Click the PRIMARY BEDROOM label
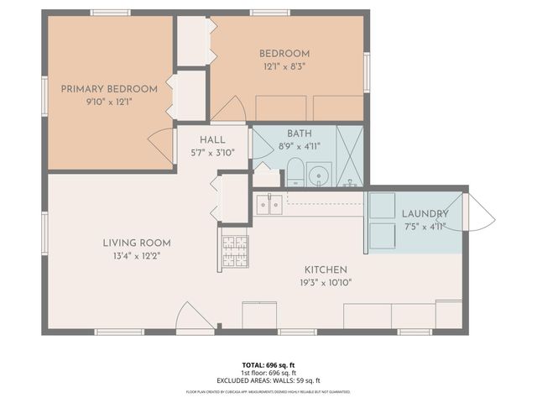109,88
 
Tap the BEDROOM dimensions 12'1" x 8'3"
284,66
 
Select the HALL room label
212,139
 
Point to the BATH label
299,133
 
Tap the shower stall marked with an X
351,156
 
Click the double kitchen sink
268,204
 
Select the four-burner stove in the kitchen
234,251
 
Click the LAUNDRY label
425,213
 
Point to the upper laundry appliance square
382,206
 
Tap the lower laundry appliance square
382,236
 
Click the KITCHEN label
326,270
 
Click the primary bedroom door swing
162,145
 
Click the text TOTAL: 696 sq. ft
268,364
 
